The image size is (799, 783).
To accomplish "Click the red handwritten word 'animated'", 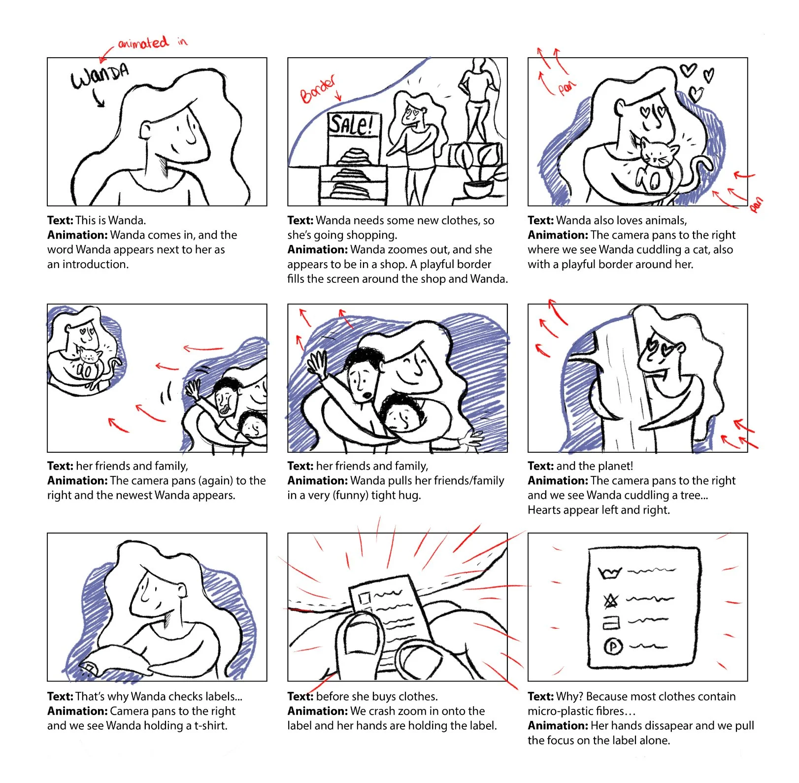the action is click(143, 43).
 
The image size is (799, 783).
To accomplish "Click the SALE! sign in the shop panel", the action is click(351, 124).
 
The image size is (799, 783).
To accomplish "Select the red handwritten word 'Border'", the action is click(318, 89).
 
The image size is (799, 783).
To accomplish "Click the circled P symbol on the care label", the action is click(613, 646).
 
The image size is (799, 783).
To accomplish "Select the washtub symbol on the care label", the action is click(610, 573).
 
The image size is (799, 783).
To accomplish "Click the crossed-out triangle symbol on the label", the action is click(611, 601).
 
